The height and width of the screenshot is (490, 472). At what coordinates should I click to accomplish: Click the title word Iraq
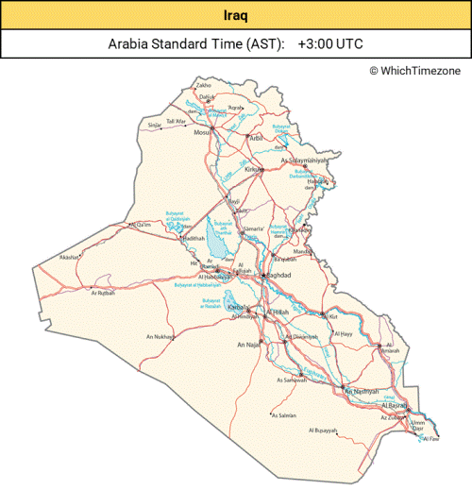[236, 15]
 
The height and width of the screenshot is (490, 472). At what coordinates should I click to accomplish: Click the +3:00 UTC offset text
[330, 43]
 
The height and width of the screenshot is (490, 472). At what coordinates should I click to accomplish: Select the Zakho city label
[203, 86]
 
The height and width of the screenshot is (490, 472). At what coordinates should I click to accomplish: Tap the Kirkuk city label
[252, 169]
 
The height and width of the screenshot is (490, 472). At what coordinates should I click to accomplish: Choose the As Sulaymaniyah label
[306, 161]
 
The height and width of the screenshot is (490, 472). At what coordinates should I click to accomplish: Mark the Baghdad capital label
[279, 275]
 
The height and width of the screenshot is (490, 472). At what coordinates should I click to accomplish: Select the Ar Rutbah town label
[101, 293]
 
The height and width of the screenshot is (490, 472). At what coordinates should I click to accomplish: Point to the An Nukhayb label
[160, 336]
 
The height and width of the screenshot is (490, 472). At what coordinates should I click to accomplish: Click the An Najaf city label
[248, 346]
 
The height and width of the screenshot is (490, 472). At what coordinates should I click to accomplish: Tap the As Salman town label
[284, 415]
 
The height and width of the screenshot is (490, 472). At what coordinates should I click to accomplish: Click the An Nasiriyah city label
[361, 390]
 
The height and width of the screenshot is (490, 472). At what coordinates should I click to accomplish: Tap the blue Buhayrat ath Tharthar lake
[218, 242]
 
